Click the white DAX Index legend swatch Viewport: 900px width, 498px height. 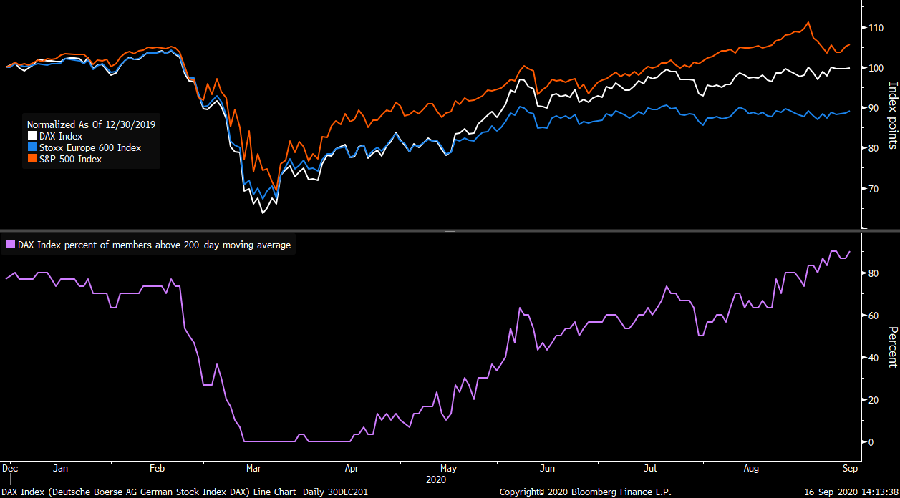32,136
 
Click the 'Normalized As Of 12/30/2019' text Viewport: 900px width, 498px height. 91,124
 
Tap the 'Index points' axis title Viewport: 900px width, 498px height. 892,115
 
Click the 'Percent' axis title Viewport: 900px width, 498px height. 892,346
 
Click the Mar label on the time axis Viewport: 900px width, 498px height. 253,469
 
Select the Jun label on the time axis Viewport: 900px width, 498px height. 547,469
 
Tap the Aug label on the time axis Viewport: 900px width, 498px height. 751,469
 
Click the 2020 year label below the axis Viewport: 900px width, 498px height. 435,478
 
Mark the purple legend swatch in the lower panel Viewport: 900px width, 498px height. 10,245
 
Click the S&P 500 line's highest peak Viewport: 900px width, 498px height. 808,22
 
